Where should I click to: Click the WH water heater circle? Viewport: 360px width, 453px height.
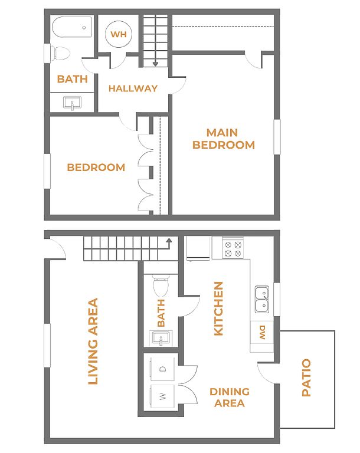119,34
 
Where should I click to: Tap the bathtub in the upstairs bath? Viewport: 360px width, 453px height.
72,27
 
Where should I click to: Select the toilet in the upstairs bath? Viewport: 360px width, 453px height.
61,53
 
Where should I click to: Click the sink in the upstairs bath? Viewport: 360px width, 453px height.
72,103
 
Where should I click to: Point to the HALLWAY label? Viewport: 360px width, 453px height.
133,88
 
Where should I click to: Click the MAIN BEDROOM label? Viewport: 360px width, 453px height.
224,139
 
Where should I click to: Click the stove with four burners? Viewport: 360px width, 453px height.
233,248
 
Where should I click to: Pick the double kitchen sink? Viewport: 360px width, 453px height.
262,300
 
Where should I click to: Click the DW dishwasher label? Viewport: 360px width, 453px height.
262,333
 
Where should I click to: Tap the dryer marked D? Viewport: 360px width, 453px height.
162,369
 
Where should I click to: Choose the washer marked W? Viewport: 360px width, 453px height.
162,396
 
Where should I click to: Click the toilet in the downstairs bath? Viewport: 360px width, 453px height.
161,285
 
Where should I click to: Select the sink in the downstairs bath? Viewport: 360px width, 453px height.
161,338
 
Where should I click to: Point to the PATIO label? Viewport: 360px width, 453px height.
306,377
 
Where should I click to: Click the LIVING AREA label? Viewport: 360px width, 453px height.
93,342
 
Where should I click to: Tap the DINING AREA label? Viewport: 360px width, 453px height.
230,397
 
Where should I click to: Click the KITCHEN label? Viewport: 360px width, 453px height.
218,309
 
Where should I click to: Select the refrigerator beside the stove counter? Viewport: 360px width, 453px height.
198,248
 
